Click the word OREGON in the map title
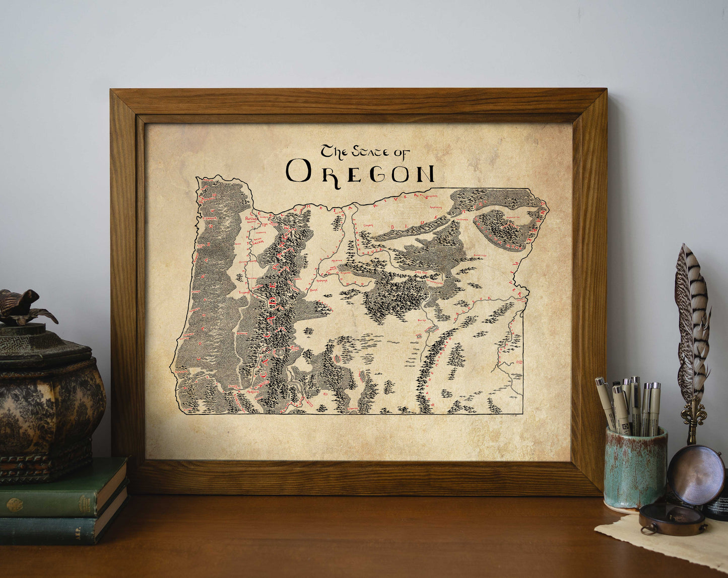click(x=360, y=171)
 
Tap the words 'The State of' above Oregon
click(x=365, y=152)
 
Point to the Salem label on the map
click(x=258, y=240)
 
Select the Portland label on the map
click(x=251, y=219)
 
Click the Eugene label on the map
click(x=244, y=291)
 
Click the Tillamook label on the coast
click(x=209, y=219)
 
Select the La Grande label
click(x=464, y=220)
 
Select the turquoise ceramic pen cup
click(x=635, y=466)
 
